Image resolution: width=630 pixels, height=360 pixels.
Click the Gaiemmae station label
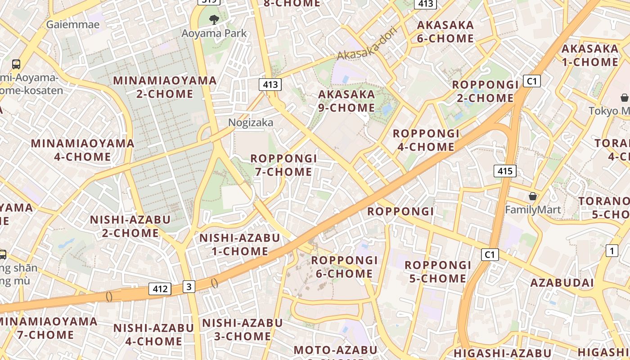(x=72, y=24)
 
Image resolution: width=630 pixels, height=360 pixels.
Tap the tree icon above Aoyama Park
(x=214, y=19)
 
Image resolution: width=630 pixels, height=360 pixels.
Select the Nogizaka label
(x=251, y=122)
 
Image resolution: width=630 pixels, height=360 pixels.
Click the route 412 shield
(x=160, y=289)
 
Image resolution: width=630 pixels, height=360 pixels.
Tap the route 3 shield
(x=189, y=286)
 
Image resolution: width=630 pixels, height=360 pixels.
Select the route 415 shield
(x=505, y=171)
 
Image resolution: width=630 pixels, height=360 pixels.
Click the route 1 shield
(x=612, y=251)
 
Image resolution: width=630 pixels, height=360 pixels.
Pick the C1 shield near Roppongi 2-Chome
(x=532, y=81)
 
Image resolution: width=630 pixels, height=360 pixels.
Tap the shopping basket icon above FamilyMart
(x=533, y=197)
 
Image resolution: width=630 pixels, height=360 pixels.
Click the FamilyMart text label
(x=533, y=210)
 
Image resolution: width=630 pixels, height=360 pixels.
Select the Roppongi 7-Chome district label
(x=283, y=165)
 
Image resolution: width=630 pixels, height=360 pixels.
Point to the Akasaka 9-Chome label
(x=346, y=101)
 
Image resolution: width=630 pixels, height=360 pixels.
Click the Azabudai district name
(x=562, y=283)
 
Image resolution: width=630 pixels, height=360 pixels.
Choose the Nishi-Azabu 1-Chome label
(x=240, y=244)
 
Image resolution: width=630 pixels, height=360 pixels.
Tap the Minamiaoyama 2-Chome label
(x=165, y=87)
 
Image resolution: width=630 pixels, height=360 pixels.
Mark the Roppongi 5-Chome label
(x=438, y=271)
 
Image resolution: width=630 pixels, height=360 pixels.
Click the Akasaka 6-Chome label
(x=445, y=31)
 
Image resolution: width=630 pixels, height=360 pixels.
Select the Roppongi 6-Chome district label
(x=344, y=266)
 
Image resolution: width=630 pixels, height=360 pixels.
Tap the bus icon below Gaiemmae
(x=16, y=64)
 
